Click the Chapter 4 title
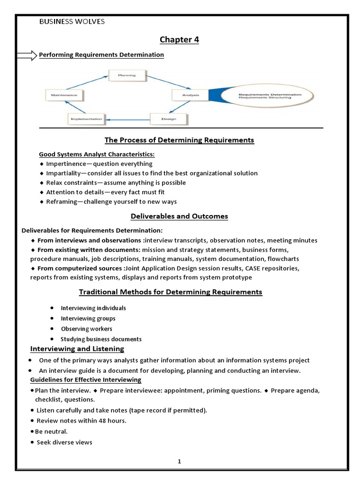pos(179,40)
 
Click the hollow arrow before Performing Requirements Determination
pos(26,55)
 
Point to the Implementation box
pos(86,119)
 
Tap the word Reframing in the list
pos(61,202)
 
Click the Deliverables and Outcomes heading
pos(179,216)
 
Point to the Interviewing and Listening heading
pos(77,349)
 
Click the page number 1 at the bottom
pos(180,461)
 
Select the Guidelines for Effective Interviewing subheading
pos(85,380)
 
